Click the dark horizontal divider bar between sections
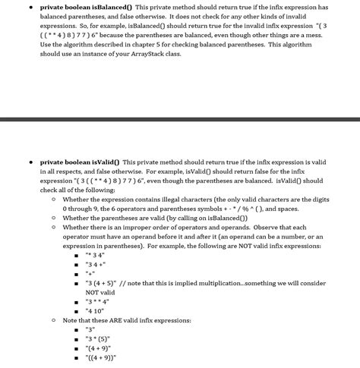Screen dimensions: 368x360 click(x=180, y=118)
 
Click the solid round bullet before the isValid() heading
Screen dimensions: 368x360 click(x=30, y=162)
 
